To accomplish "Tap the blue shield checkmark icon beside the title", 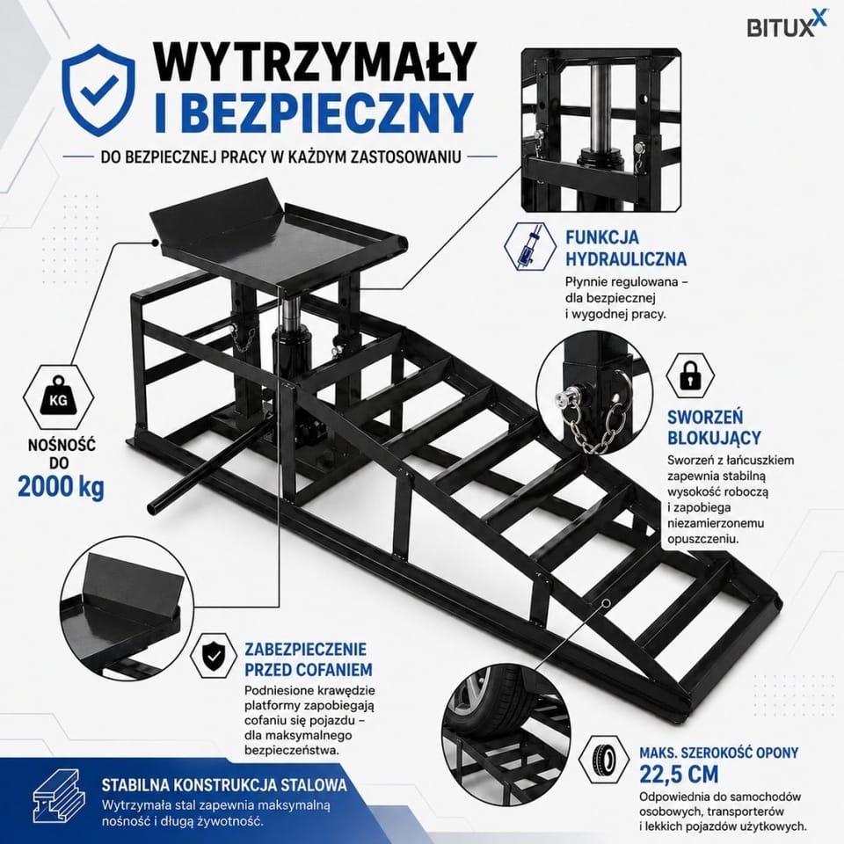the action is coord(98,90).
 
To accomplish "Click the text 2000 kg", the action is coord(61,486).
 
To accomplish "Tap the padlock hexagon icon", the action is coord(690,376).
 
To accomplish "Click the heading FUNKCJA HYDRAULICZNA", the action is coord(625,248).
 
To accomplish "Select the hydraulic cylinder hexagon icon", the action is coord(529,246).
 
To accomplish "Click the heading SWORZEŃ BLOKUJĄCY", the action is coord(714,427).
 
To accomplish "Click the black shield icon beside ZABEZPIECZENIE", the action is coord(214,656).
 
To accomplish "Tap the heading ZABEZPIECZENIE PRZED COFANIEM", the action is coord(309,659).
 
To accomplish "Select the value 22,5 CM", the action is coord(679,774).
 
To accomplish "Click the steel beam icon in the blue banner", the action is coord(59,796).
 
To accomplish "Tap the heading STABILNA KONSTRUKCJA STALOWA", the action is coord(224,784).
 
